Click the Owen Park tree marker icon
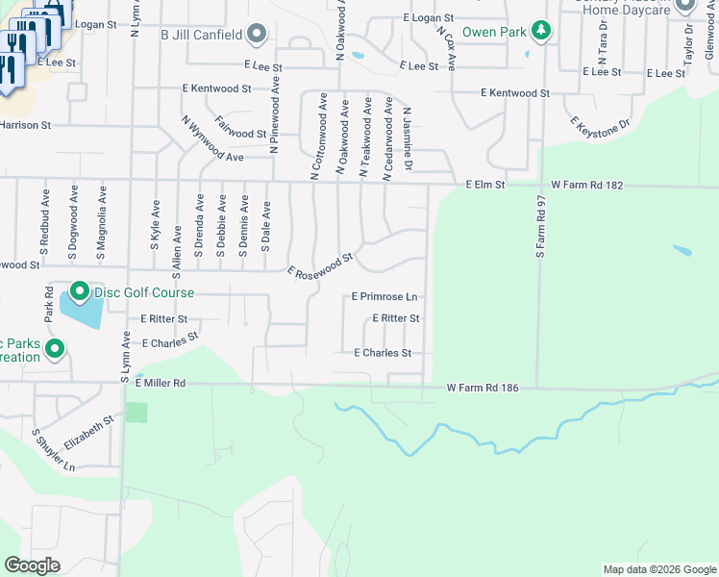[x=542, y=32]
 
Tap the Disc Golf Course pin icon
[x=79, y=291]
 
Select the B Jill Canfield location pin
[x=256, y=36]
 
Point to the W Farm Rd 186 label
[x=483, y=389]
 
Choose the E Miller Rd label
[x=160, y=383]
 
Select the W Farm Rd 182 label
[x=587, y=184]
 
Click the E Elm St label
[x=484, y=184]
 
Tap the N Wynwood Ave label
[x=212, y=138]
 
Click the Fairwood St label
[x=240, y=127]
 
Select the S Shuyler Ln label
[x=54, y=449]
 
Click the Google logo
[x=32, y=565]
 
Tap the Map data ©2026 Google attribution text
[x=658, y=569]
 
